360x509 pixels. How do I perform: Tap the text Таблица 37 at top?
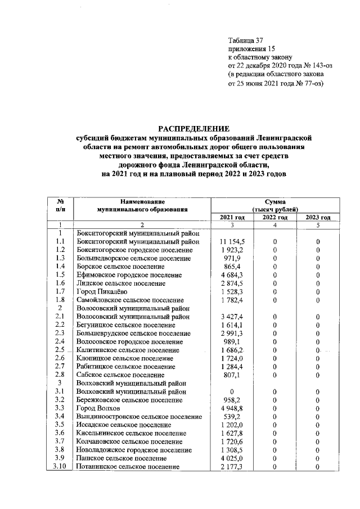click(245, 40)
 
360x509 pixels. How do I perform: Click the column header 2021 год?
click(232, 218)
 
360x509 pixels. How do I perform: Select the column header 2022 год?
click(275, 218)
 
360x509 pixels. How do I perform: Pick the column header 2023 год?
click(318, 218)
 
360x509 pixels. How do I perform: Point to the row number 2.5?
click(60, 350)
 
